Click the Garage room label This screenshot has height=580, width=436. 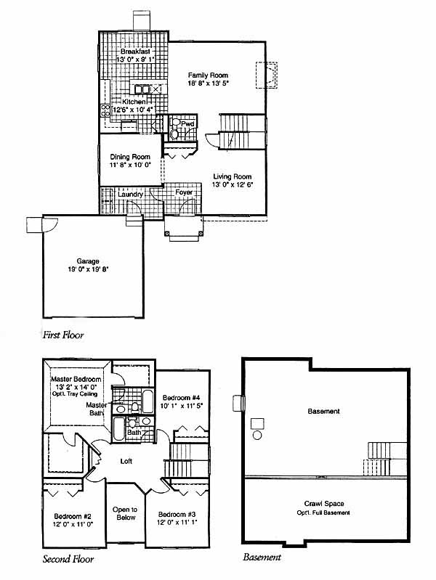click(88, 261)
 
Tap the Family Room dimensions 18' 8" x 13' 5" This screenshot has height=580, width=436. click(208, 83)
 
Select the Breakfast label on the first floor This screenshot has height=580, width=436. click(135, 52)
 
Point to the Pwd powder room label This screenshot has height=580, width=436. click(187, 123)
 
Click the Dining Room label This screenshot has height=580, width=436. click(130, 157)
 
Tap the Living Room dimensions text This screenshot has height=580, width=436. click(233, 184)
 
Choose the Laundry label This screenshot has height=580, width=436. click(130, 195)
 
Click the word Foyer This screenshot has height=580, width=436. click(184, 192)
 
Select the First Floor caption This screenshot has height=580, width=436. click(63, 335)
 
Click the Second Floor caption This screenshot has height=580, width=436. click(68, 559)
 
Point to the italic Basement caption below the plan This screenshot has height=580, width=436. click(262, 557)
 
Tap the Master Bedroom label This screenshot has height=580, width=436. click(76, 379)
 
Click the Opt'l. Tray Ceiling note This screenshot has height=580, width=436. click(75, 394)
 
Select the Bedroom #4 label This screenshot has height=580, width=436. click(182, 398)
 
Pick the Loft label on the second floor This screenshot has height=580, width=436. click(126, 461)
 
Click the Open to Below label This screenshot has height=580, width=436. click(125, 513)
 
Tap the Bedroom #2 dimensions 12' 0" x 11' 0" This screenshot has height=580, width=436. click(73, 524)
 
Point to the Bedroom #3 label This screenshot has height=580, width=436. click(177, 514)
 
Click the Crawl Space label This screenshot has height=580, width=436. click(324, 504)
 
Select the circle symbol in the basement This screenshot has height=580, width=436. click(257, 435)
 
